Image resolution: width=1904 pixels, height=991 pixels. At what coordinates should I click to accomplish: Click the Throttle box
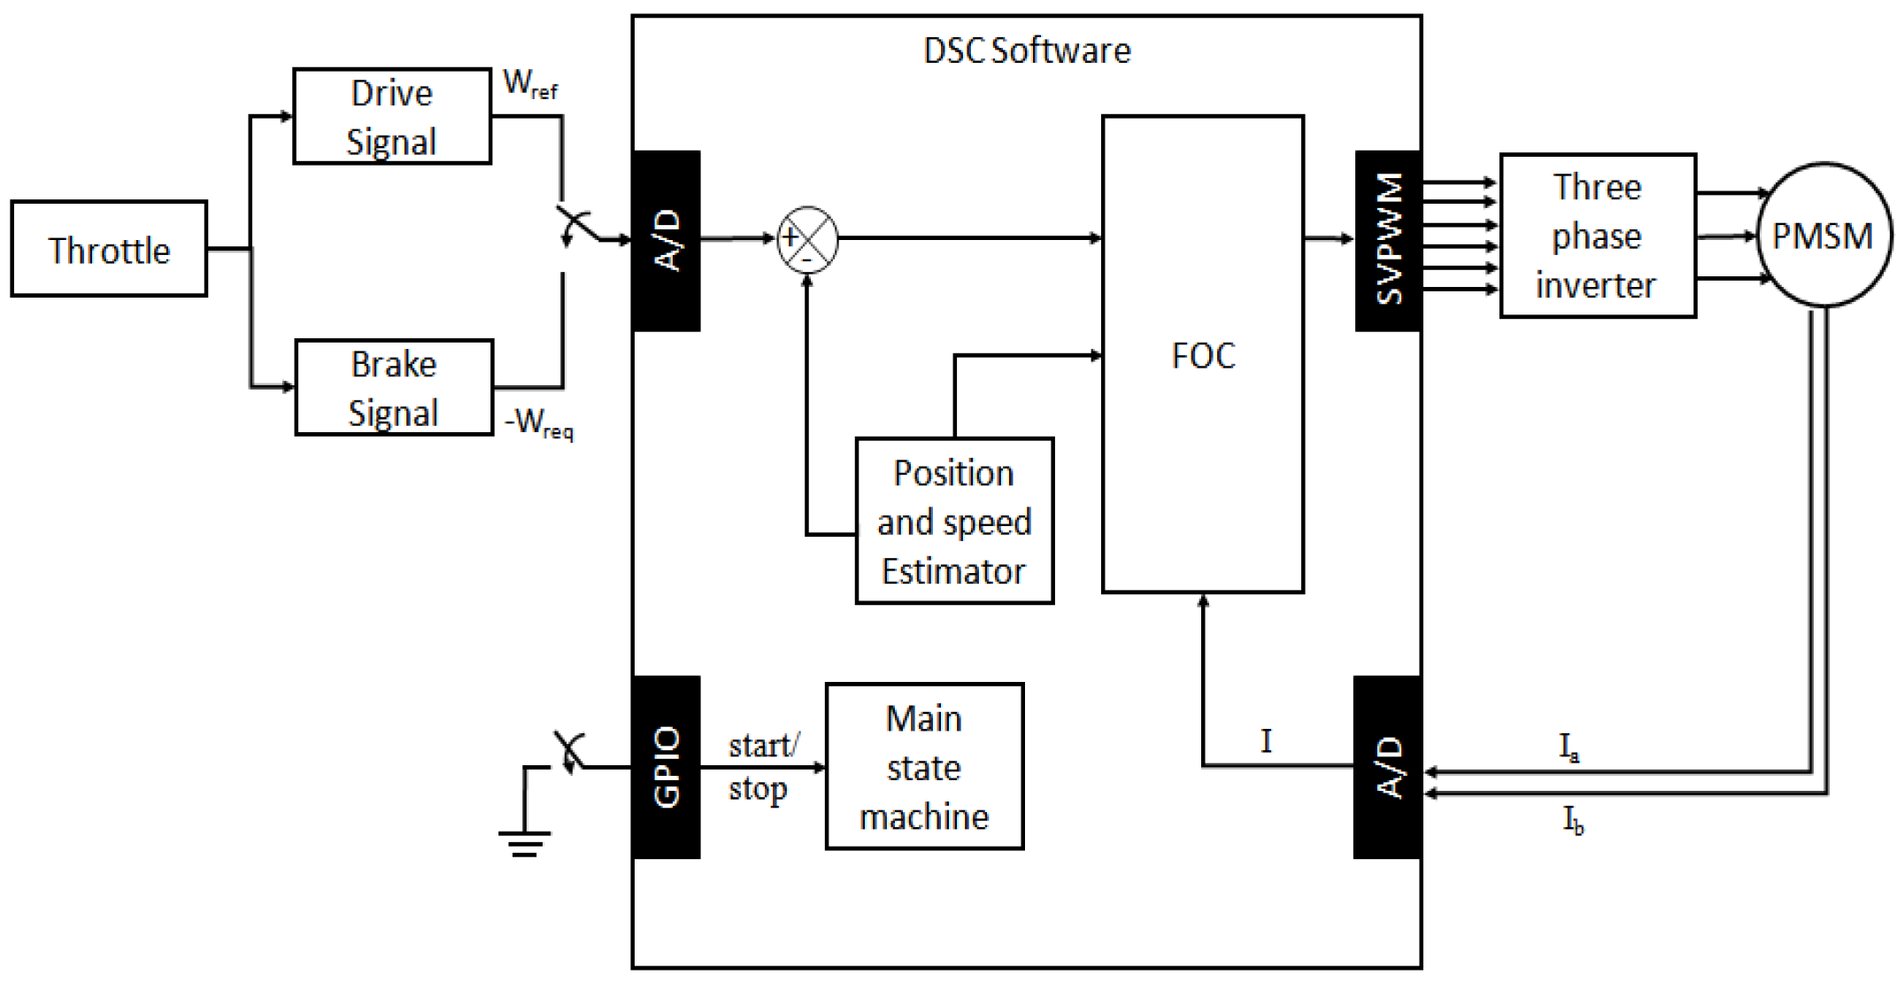click(109, 249)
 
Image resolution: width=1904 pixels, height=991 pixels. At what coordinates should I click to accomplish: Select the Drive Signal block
click(392, 117)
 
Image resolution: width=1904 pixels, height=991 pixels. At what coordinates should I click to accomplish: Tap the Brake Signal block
click(394, 388)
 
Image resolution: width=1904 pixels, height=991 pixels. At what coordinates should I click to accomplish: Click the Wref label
click(529, 84)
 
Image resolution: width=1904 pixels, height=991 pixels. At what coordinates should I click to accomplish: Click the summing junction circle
click(807, 239)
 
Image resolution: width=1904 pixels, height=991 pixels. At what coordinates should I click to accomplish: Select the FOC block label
click(1203, 355)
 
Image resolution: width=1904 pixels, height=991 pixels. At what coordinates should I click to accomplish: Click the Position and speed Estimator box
click(954, 521)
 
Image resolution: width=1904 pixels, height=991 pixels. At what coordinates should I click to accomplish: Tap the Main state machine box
click(924, 766)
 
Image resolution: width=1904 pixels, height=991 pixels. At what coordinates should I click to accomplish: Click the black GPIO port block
click(667, 767)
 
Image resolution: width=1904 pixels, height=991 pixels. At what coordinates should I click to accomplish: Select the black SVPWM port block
click(1388, 241)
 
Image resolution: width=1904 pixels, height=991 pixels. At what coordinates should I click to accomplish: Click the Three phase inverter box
click(1598, 236)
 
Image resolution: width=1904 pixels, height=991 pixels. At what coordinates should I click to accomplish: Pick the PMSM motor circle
click(1823, 236)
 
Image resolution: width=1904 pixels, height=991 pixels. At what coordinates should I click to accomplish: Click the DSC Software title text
click(1026, 50)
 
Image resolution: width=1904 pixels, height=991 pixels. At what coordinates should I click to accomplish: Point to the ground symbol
click(524, 841)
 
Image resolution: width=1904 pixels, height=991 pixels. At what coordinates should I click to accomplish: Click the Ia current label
click(1569, 747)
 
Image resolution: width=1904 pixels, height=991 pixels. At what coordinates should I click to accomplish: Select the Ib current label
click(1573, 820)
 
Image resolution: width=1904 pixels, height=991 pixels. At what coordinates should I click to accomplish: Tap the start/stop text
click(762, 766)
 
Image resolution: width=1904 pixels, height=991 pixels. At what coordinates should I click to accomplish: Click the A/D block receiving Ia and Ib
click(1387, 767)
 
